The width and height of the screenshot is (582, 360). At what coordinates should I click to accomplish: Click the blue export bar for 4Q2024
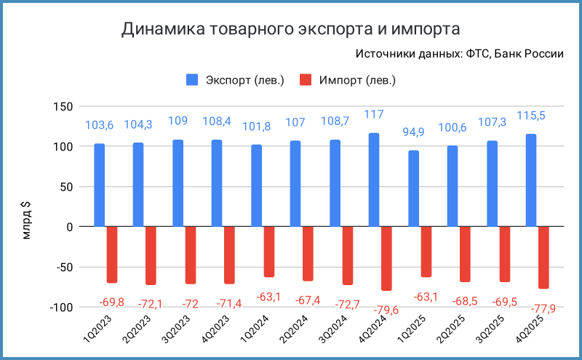(374, 180)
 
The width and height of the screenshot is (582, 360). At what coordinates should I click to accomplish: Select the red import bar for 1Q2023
(112, 255)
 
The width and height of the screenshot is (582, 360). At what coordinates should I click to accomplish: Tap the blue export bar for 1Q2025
(414, 188)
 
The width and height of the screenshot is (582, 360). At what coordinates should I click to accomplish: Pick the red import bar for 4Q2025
(543, 257)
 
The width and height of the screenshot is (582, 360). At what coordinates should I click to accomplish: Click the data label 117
(374, 114)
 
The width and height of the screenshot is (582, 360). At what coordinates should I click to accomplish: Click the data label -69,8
(111, 301)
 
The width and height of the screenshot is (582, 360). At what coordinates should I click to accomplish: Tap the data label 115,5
(532, 116)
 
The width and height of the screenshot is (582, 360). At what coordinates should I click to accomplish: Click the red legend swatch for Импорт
(306, 79)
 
